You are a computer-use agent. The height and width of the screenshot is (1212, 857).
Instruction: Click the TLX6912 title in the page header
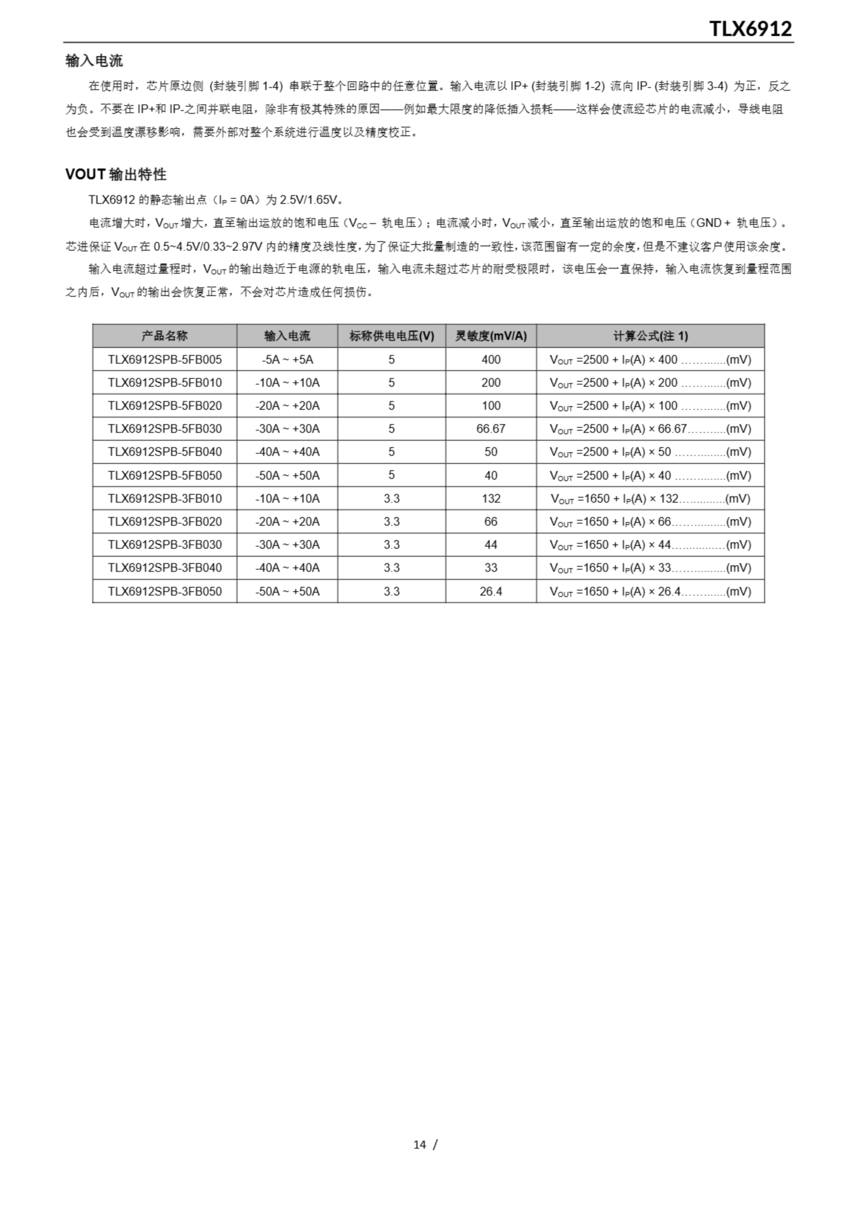(750, 28)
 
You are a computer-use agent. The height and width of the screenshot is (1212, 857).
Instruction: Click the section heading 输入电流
(94, 61)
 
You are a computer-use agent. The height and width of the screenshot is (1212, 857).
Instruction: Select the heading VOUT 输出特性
(116, 174)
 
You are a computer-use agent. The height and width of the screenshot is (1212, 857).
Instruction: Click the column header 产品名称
(164, 336)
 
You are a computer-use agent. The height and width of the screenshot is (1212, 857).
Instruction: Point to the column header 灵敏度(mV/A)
(491, 336)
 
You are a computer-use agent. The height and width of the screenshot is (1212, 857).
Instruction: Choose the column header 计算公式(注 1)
(650, 336)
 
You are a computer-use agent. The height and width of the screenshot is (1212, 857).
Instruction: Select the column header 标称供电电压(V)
(391, 336)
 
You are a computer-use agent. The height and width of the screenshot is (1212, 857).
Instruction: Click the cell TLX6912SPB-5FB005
(164, 359)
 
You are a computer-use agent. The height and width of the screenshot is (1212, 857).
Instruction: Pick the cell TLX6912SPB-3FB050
(164, 591)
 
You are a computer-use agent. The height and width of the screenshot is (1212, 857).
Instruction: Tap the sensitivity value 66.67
(491, 428)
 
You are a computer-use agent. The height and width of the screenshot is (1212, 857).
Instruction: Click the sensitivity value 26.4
(491, 591)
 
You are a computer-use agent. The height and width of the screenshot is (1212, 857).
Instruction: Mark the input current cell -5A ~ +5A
(287, 359)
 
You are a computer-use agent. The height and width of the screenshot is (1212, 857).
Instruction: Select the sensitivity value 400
(491, 359)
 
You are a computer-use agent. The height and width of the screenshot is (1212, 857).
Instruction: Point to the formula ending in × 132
(650, 499)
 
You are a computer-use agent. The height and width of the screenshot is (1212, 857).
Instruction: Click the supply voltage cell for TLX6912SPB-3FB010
(391, 499)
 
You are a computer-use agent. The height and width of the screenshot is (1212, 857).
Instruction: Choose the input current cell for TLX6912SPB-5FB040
(287, 452)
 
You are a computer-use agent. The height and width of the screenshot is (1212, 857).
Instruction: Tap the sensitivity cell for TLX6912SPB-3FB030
(491, 545)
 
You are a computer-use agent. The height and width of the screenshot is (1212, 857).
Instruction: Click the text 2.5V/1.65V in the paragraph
(311, 199)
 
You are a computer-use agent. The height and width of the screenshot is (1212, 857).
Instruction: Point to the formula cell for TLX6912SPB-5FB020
(650, 405)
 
